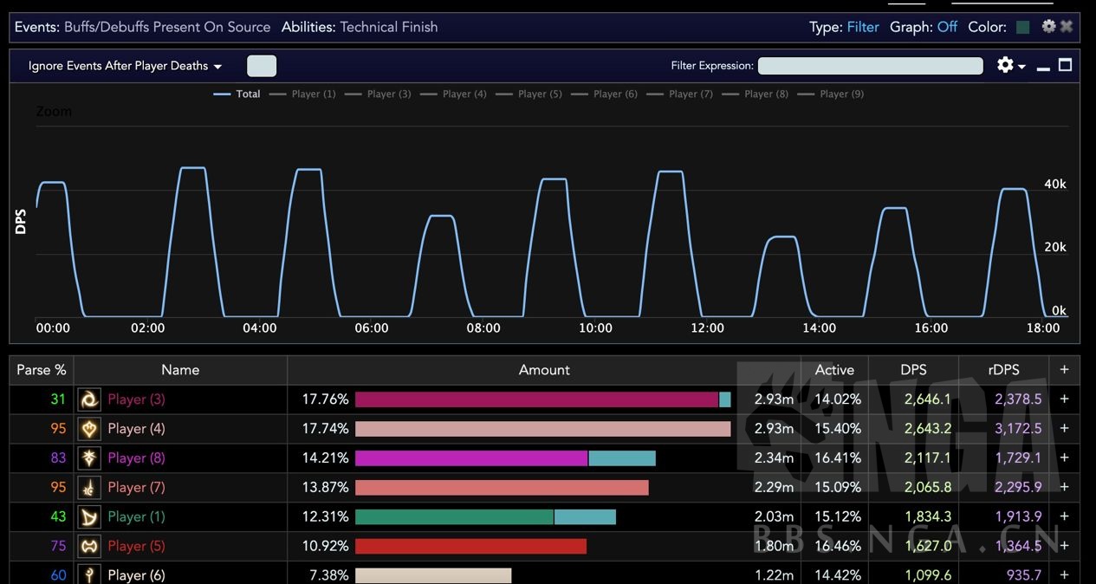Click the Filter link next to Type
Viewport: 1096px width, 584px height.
point(862,27)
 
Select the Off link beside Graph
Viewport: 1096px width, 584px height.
point(947,27)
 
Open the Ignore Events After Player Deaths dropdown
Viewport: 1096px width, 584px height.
point(125,66)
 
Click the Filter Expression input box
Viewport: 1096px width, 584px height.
point(870,66)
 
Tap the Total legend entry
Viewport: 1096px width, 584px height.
point(237,94)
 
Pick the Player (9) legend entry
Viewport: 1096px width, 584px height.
point(832,94)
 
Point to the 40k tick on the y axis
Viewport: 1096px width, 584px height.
point(1054,185)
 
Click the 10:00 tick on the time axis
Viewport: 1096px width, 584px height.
point(595,328)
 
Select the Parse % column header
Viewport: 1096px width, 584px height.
point(42,370)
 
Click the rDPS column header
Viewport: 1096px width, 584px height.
point(1002,370)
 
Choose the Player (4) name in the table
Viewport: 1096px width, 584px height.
point(136,429)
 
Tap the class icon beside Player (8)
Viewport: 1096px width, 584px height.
point(89,458)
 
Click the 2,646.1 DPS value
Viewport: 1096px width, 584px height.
point(927,399)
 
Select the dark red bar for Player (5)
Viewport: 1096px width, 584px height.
point(470,546)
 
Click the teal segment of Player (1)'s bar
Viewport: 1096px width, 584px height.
point(585,517)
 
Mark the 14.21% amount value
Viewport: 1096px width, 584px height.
point(325,458)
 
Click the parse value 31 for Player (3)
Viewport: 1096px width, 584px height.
point(58,399)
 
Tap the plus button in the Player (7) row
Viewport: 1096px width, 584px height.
point(1064,488)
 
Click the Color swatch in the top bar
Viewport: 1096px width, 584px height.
point(1022,27)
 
